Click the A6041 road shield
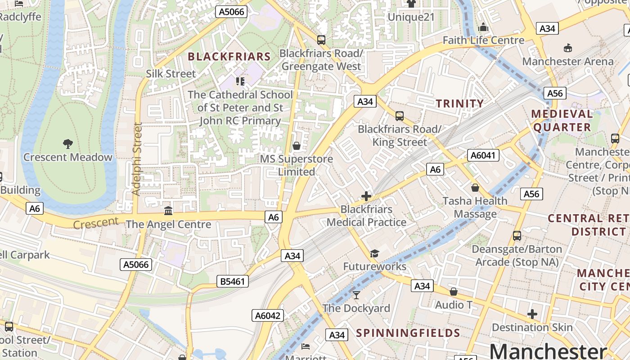pyautogui.click(x=483, y=155)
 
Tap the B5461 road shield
pyautogui.click(x=233, y=282)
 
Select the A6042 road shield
pyautogui.click(x=268, y=315)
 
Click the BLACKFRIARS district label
pyautogui.click(x=229, y=57)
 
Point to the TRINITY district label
pyautogui.click(x=460, y=103)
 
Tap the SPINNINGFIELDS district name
pyautogui.click(x=408, y=333)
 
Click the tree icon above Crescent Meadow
pyautogui.click(x=68, y=144)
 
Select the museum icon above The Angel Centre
pyautogui.click(x=168, y=210)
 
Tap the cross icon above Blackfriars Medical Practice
pyautogui.click(x=366, y=196)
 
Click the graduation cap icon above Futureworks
pyautogui.click(x=374, y=253)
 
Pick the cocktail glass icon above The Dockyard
pyautogui.click(x=356, y=295)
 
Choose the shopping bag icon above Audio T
pyautogui.click(x=454, y=292)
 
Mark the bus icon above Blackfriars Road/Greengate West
pyautogui.click(x=321, y=40)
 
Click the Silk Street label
pyautogui.click(x=171, y=74)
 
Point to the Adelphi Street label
pyautogui.click(x=137, y=159)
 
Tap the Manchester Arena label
pyautogui.click(x=568, y=61)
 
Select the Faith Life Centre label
pyautogui.click(x=484, y=40)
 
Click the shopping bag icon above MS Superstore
pyautogui.click(x=297, y=146)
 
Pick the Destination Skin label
pyautogui.click(x=532, y=327)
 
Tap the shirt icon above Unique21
pyautogui.click(x=411, y=4)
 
